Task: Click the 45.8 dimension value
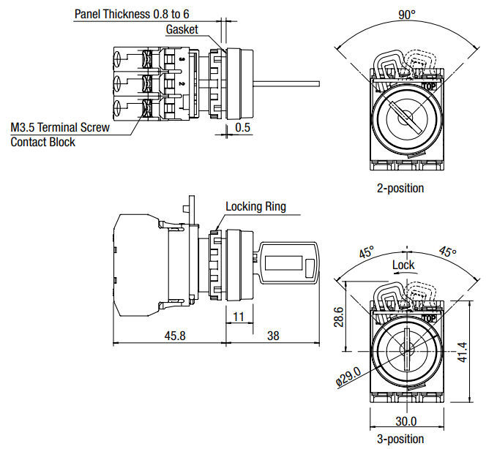tap(175, 336)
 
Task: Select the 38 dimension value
tap(273, 336)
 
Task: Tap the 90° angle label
tap(407, 15)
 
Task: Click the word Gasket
tap(182, 29)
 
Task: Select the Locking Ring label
tap(255, 206)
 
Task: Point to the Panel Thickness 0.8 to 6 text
tap(136, 14)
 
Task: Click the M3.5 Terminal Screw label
tap(60, 127)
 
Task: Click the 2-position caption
tap(400, 188)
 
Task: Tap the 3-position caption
tap(400, 439)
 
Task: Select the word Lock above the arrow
tap(403, 265)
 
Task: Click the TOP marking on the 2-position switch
tap(429, 86)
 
